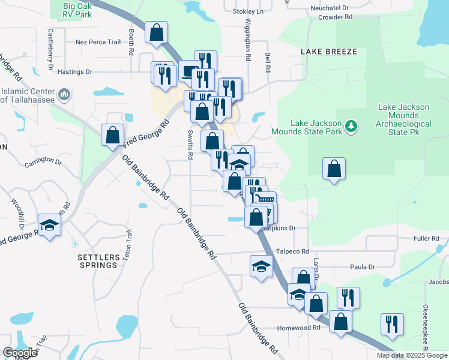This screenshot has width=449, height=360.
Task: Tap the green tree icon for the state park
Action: pos(351,127)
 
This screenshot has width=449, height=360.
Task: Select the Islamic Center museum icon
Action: pos(65,95)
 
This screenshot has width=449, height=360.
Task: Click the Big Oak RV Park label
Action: pos(77,10)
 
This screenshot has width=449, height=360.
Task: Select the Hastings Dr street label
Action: pos(74,71)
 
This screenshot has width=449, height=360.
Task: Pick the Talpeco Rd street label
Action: pos(292,252)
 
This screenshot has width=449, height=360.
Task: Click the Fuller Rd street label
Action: pos(426,239)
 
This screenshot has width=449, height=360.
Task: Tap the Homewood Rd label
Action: pos(298,328)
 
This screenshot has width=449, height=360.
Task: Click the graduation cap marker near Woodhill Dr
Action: pos(49,226)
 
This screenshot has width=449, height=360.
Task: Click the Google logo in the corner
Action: pos(20,353)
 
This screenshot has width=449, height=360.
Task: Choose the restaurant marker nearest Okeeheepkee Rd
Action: pos(392,325)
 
